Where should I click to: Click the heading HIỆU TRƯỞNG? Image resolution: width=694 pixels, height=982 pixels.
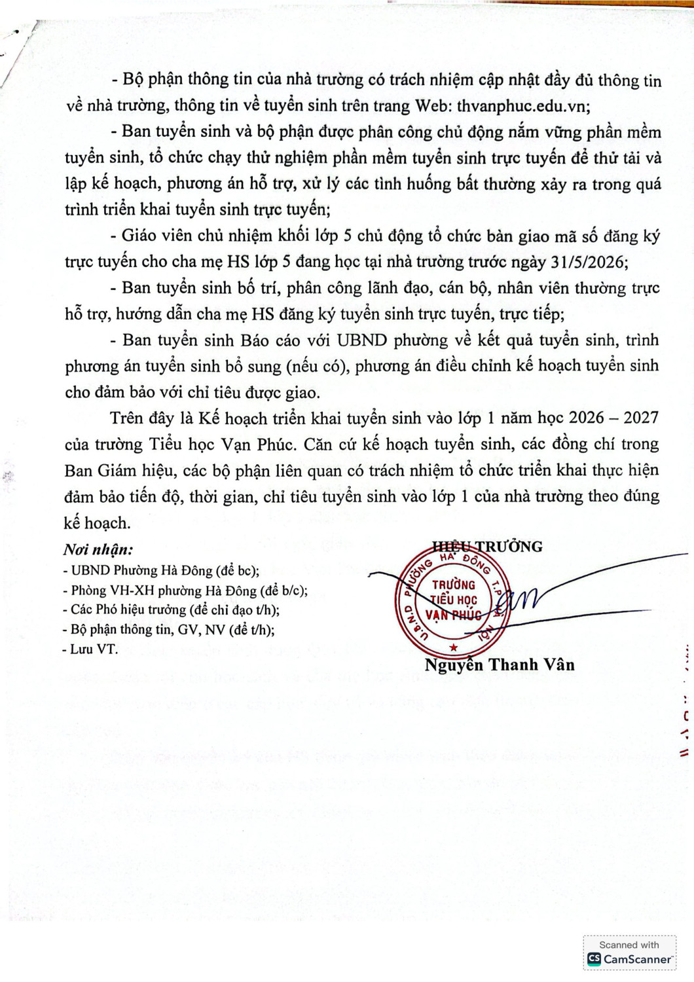[487, 547]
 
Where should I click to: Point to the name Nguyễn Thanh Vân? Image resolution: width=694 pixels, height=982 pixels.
[500, 665]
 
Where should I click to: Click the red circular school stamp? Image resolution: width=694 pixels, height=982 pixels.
[454, 601]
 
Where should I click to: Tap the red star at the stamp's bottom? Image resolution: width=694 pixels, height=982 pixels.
[454, 647]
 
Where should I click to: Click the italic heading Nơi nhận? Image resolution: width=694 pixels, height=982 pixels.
[98, 550]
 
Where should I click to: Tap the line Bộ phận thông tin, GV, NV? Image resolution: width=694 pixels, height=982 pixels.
[168, 630]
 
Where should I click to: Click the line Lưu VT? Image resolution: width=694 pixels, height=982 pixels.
[90, 649]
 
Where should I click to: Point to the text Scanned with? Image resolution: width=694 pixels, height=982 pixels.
[629, 945]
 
